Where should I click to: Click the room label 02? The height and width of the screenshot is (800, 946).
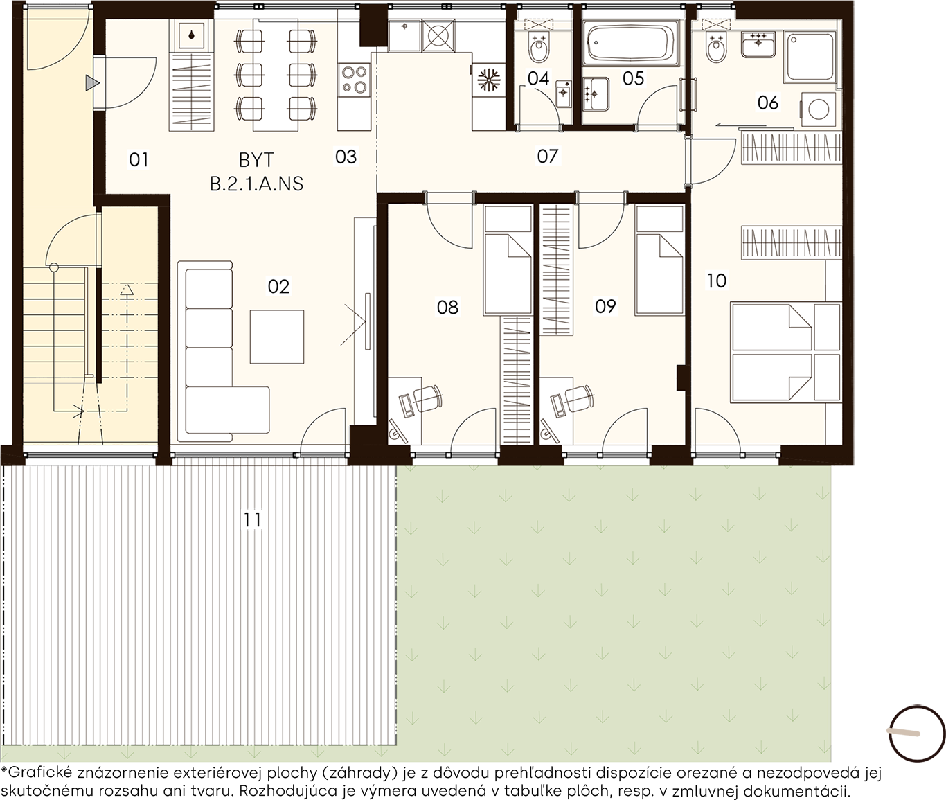[278, 287]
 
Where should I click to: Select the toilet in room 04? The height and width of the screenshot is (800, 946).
[538, 47]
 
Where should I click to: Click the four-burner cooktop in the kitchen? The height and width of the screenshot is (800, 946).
[354, 80]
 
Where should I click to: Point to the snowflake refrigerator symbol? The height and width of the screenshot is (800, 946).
[489, 79]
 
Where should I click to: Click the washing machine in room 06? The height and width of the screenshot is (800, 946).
[819, 109]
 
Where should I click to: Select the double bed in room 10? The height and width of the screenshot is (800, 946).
[786, 352]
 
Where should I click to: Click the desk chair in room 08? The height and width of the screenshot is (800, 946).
[428, 397]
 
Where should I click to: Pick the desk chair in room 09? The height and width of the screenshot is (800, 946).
[580, 397]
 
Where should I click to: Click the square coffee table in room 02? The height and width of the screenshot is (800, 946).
[277, 337]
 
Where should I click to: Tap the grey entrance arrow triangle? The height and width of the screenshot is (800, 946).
[92, 83]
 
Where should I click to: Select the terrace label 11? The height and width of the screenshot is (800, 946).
[252, 520]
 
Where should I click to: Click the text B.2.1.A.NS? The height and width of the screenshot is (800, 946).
[256, 184]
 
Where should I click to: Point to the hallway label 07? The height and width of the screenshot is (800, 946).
[547, 157]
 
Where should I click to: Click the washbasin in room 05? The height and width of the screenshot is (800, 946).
[596, 94]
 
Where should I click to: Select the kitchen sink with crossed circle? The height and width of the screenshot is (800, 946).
[438, 35]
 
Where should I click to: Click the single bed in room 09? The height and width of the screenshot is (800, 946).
[659, 260]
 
